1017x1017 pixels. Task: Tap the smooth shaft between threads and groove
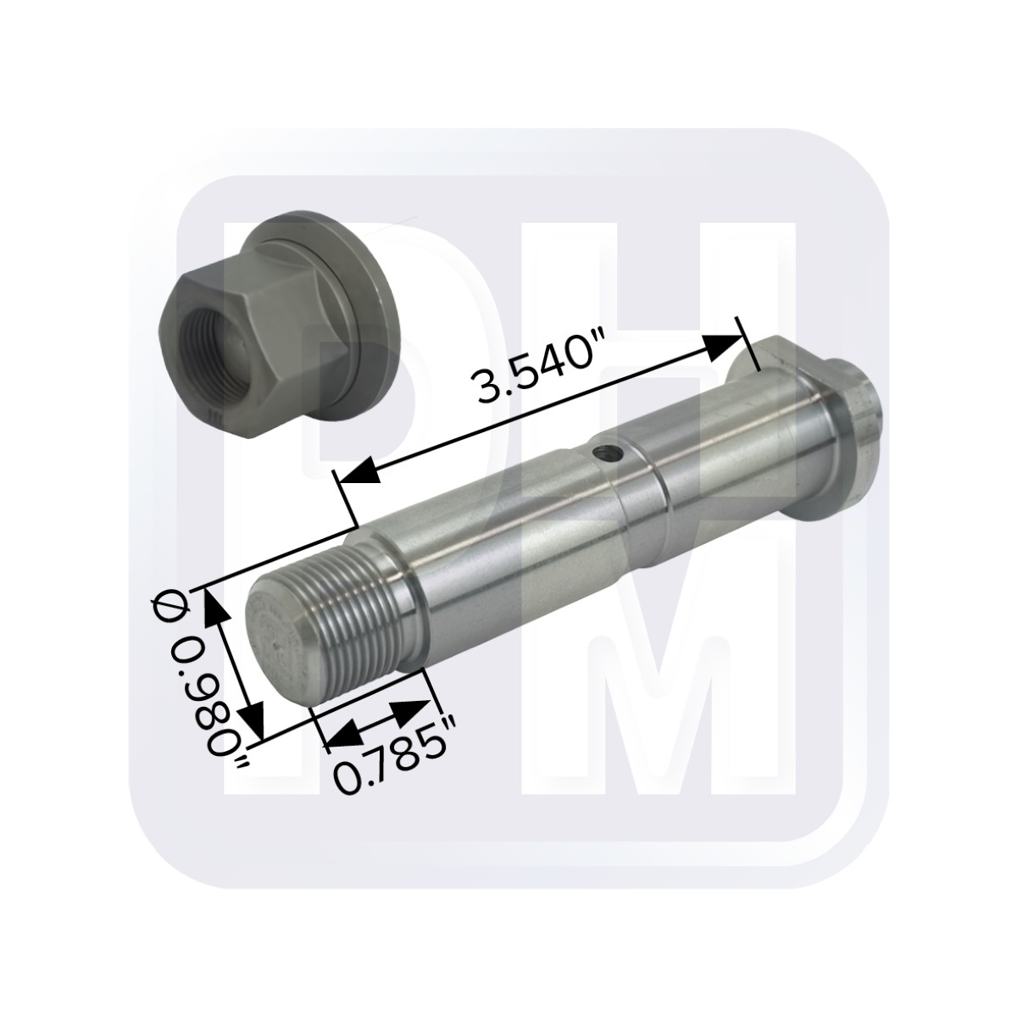coord(508,542)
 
